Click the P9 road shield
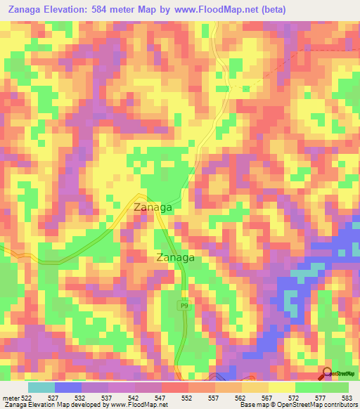(184, 305)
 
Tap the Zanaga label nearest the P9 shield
(175, 257)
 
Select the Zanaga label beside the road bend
(153, 207)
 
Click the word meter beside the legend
(10, 398)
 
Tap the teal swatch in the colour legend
(41, 387)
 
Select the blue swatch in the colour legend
(68, 387)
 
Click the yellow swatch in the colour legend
(281, 387)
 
